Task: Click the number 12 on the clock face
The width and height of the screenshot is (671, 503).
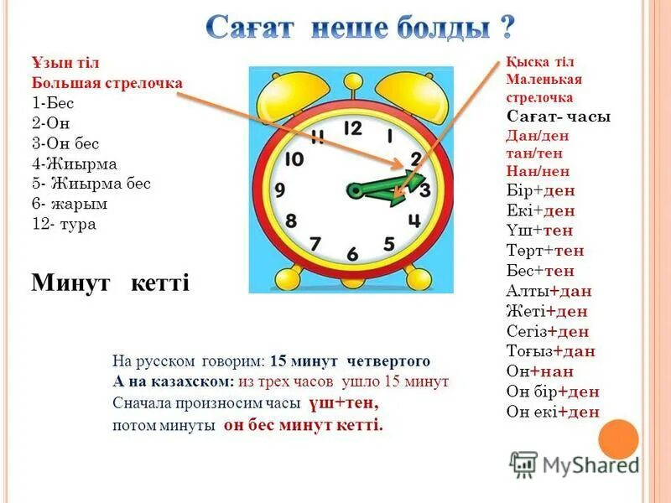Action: pyautogui.click(x=352, y=128)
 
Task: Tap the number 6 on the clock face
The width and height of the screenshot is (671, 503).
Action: pyautogui.click(x=352, y=253)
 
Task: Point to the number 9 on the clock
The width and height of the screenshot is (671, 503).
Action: pyautogui.click(x=280, y=190)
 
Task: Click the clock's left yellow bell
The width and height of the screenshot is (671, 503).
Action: pyautogui.click(x=292, y=91)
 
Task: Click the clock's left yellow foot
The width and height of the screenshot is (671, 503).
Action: pyautogui.click(x=283, y=274)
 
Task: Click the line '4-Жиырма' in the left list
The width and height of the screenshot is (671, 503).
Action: pyautogui.click(x=74, y=163)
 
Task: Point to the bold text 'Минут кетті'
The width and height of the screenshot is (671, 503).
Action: pyautogui.click(x=110, y=283)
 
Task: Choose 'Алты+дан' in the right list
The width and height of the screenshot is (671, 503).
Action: pyautogui.click(x=549, y=291)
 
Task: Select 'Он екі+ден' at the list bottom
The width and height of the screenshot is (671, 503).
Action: pyautogui.click(x=553, y=412)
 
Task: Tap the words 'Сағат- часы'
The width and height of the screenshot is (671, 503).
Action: pyautogui.click(x=559, y=117)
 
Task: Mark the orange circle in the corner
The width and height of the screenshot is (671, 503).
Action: pyautogui.click(x=620, y=438)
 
